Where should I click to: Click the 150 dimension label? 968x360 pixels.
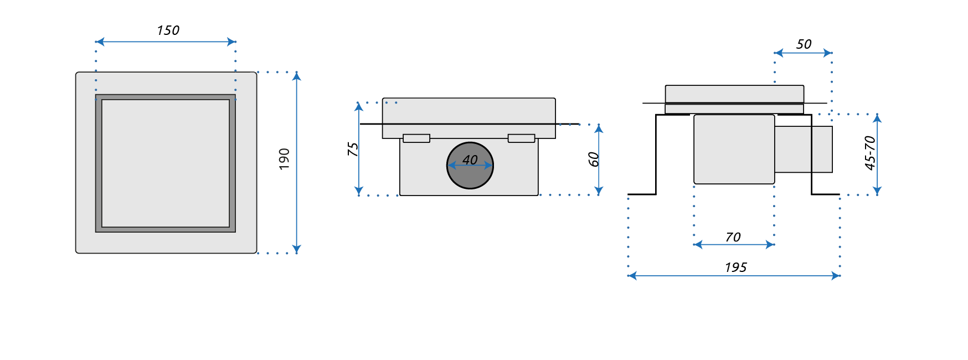(x=168, y=30)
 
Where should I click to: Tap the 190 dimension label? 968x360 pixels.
(x=284, y=159)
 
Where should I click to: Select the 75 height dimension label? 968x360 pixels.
(x=353, y=149)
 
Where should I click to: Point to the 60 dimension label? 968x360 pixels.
(x=594, y=160)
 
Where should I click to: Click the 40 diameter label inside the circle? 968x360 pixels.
(x=470, y=160)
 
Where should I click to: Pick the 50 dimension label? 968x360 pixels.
(x=804, y=44)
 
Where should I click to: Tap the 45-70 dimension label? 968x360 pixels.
(x=870, y=153)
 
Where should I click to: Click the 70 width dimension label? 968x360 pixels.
(x=733, y=237)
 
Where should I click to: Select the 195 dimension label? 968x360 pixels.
(x=735, y=268)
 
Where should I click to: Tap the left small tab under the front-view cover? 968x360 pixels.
(x=416, y=138)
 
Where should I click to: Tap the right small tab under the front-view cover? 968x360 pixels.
(x=521, y=138)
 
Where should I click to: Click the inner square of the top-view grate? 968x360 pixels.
(x=166, y=163)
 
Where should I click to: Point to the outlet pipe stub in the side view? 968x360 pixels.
(x=803, y=149)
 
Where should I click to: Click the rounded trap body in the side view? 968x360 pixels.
(x=734, y=149)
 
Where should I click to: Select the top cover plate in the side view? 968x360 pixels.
(x=734, y=94)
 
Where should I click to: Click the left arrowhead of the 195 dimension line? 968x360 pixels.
(x=632, y=275)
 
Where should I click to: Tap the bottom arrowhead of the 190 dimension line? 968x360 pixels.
(x=297, y=249)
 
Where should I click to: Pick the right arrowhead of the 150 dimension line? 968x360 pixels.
(x=232, y=42)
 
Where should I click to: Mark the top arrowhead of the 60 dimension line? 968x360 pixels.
(x=599, y=128)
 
